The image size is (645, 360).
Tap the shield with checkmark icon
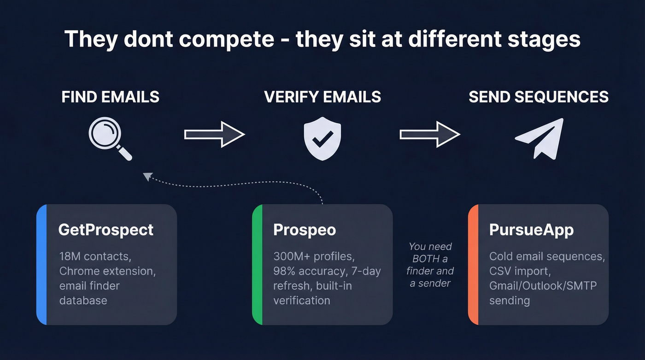click(322, 137)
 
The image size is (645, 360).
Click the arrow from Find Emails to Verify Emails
click(214, 134)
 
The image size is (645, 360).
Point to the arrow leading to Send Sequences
click(429, 134)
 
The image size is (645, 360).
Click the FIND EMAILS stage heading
click(111, 97)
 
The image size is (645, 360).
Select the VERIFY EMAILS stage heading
click(322, 97)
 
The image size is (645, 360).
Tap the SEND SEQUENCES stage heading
click(539, 97)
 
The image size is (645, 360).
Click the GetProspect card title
click(106, 230)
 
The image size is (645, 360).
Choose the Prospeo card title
click(305, 230)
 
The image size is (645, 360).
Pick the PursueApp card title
click(531, 230)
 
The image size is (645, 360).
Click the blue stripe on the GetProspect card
click(42, 265)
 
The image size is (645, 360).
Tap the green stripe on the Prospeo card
click(258, 265)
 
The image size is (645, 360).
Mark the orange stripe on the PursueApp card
click(473, 265)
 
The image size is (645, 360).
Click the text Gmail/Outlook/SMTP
click(543, 286)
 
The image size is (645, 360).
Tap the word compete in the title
click(227, 39)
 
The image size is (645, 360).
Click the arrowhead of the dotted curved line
click(147, 176)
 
